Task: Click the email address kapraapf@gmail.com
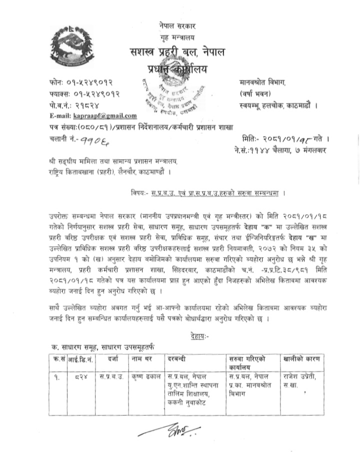pos(93,116)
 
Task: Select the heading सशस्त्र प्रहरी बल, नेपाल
pos(178,52)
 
